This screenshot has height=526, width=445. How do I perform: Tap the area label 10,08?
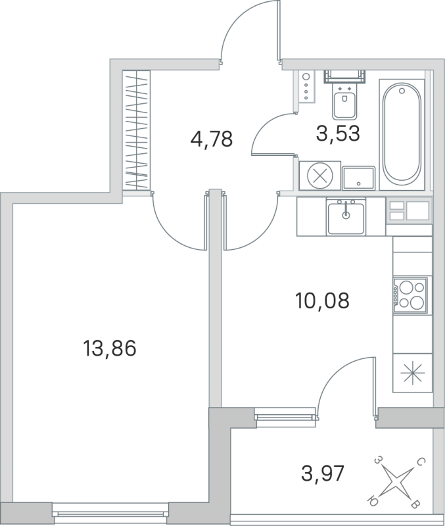(x=321, y=302)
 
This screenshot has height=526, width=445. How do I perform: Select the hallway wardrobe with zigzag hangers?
(x=138, y=131)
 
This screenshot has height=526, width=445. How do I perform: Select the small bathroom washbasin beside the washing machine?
(x=358, y=176)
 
